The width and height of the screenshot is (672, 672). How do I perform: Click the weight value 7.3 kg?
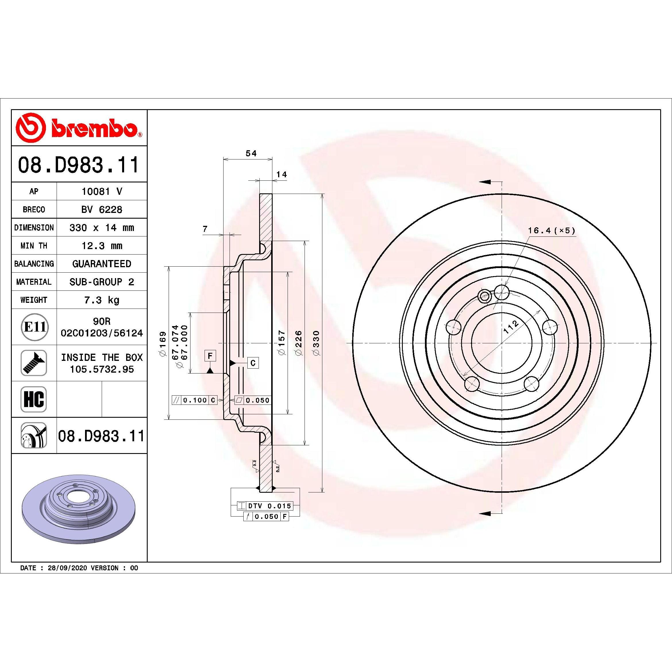pyautogui.click(x=102, y=300)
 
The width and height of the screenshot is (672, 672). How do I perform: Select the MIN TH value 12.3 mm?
pyautogui.click(x=102, y=246)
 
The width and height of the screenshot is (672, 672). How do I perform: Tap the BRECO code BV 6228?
pyautogui.click(x=102, y=209)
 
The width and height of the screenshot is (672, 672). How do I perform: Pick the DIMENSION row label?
pyautogui.click(x=34, y=228)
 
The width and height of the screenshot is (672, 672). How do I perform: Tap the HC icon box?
pyautogui.click(x=34, y=399)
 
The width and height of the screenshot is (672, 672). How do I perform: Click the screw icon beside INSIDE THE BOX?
pyautogui.click(x=34, y=363)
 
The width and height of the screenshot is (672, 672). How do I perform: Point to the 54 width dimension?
pyautogui.click(x=251, y=153)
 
